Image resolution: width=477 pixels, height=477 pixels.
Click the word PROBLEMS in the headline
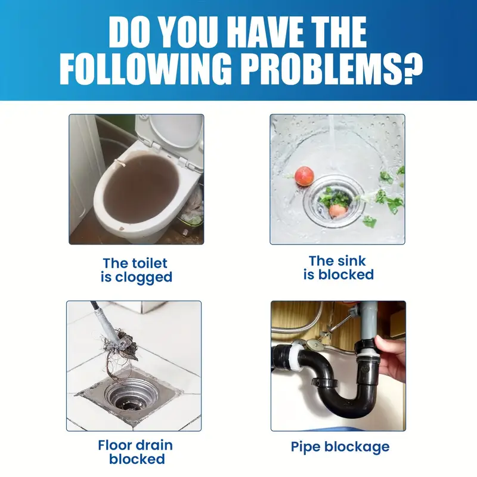pyautogui.click(x=321, y=69)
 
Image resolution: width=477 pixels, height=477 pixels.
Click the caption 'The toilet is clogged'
pyautogui.click(x=137, y=271)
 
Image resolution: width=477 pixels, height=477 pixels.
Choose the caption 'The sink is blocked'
pyautogui.click(x=338, y=268)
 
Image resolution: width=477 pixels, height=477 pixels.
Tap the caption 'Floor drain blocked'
pyautogui.click(x=136, y=452)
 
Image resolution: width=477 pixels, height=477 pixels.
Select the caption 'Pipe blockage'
pyautogui.click(x=340, y=447)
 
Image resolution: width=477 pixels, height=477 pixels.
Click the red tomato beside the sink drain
pyautogui.click(x=304, y=176)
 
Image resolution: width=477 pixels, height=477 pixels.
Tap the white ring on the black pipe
pyautogui.click(x=296, y=357)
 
